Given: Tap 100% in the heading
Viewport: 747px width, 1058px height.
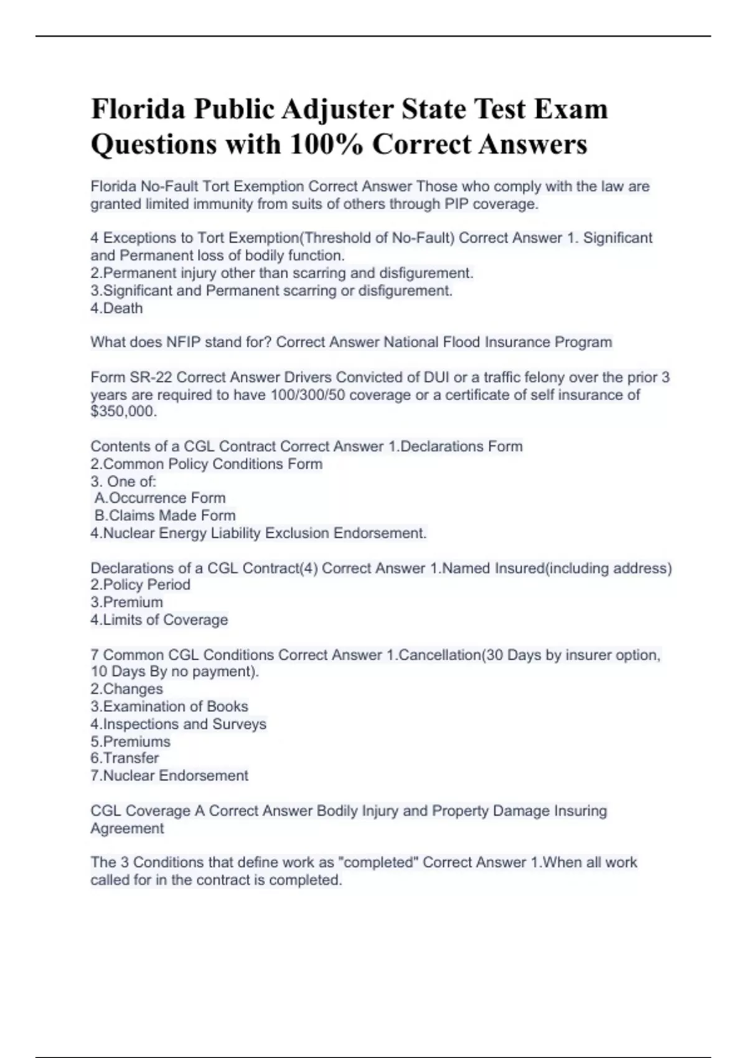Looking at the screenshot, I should tap(326, 144).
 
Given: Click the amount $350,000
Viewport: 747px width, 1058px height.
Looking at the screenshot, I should tap(123, 411).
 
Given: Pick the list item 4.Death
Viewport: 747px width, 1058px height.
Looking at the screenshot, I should tap(116, 308).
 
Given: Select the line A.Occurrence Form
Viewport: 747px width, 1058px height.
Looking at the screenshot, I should tap(160, 498).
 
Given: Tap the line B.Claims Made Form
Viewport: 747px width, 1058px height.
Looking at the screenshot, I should tap(165, 515).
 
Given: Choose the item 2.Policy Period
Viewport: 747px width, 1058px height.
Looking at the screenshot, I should tap(140, 584).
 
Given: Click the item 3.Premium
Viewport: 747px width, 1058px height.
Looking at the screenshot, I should tap(126, 602).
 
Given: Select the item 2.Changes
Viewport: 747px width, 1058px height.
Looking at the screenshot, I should tap(126, 689).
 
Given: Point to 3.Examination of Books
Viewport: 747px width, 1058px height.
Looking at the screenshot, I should tap(169, 706).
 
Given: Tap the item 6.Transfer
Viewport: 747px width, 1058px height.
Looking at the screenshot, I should tap(125, 758).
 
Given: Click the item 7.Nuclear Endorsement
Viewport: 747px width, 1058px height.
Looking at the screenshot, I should tap(169, 775).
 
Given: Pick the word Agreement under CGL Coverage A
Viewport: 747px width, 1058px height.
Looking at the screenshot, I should tap(127, 828).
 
